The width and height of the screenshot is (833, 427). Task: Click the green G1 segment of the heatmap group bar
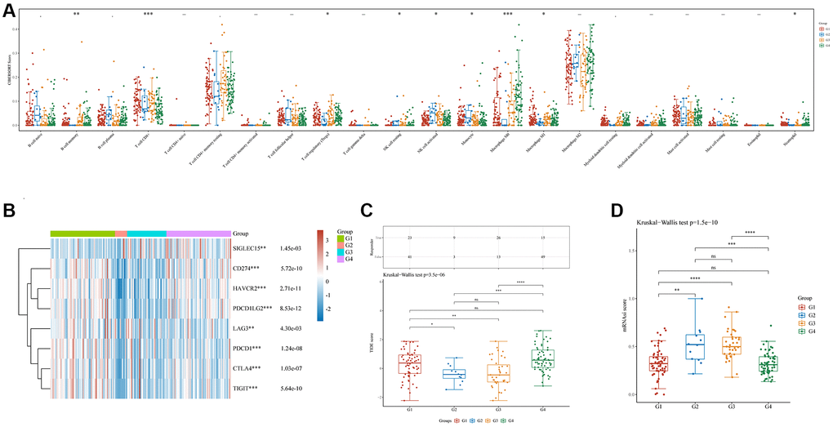(82, 233)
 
